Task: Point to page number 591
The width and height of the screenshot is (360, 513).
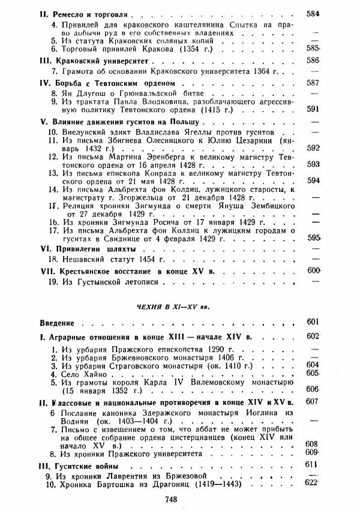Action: (x=346, y=110)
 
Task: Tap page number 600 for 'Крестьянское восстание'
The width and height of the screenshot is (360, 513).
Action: (x=346, y=271)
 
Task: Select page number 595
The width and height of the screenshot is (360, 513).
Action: (x=346, y=238)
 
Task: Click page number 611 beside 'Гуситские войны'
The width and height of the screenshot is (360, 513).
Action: (x=346, y=465)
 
